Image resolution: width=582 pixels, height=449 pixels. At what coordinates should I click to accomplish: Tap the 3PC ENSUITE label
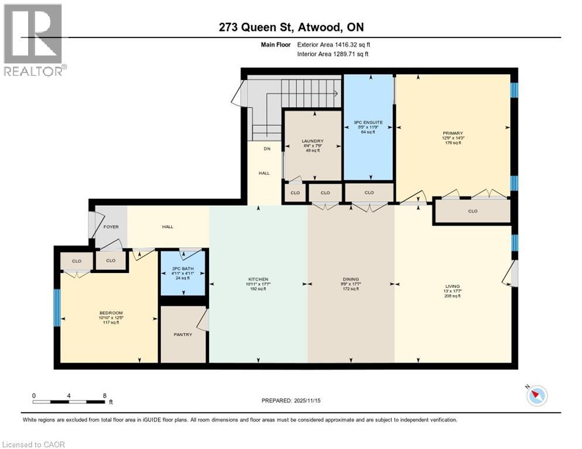(368, 123)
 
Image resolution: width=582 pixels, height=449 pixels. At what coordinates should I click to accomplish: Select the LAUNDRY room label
(313, 141)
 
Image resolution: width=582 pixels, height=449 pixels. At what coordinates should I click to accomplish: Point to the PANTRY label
(183, 334)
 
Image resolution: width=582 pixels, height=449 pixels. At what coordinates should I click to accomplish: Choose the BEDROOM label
(110, 313)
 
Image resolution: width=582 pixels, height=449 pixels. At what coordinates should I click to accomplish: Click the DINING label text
(351, 279)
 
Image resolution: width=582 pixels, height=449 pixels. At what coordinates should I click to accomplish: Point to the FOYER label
(111, 227)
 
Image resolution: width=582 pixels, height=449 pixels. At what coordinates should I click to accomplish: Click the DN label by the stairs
(266, 149)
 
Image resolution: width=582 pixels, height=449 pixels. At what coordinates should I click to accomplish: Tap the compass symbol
(536, 396)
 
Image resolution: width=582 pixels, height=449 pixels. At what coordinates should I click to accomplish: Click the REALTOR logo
(34, 40)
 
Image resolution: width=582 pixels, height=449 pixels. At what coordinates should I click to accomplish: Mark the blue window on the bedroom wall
(57, 308)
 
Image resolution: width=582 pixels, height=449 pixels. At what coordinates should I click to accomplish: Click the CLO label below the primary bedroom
(473, 212)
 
